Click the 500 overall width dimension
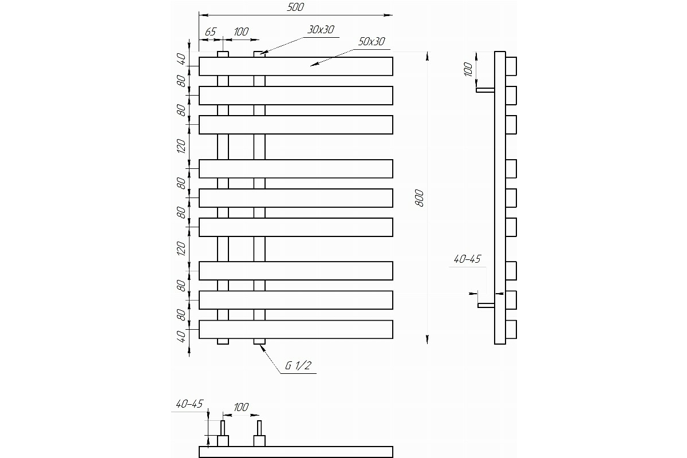coord(295,7)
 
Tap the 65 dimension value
coord(211,31)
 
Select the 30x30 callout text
coord(321,30)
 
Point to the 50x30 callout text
coord(372,41)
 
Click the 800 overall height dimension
coord(419,198)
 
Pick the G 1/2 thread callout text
coord(298,365)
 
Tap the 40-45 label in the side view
coord(467,259)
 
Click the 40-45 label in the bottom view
coord(189,404)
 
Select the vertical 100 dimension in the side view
coord(468,69)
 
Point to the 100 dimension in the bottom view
coord(241,407)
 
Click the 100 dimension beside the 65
coord(241,31)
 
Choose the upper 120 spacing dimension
coord(181,147)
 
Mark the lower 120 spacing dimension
coord(181,249)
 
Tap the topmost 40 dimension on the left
coord(181,59)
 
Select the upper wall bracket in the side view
coord(485,90)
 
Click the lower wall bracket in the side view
coord(486,305)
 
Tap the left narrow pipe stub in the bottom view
coord(223,428)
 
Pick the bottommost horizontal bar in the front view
coord(296,329)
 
